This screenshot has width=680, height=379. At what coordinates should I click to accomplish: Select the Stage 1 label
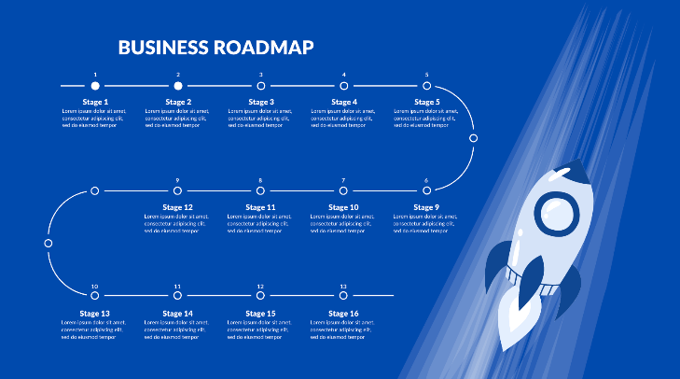coord(95,102)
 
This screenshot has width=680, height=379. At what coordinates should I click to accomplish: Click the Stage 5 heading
coord(426,102)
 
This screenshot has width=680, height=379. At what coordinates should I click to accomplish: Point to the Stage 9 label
coord(426,207)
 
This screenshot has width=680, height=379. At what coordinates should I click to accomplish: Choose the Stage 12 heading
coord(177,207)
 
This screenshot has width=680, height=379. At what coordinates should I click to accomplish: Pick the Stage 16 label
coord(343,314)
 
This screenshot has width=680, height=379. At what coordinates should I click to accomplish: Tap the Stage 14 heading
coord(177,314)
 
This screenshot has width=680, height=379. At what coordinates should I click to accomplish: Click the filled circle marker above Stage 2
coord(178,86)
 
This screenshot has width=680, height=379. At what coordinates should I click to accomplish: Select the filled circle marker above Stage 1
coord(95,86)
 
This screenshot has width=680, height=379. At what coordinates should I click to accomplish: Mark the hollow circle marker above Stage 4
coord(343,86)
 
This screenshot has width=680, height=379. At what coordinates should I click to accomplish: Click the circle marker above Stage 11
coord(260,190)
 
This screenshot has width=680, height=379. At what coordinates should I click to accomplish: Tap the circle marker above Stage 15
coord(260,296)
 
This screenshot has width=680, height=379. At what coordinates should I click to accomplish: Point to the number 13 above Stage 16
coord(343,286)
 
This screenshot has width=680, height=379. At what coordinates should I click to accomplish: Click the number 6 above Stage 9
coord(426,180)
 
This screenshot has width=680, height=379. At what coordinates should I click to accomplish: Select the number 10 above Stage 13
coord(95,286)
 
